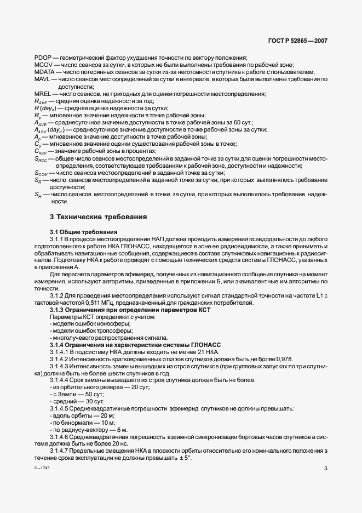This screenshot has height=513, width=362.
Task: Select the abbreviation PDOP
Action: tap(42, 58)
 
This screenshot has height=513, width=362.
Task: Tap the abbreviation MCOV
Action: tap(43, 65)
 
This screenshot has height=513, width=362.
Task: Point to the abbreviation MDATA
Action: tap(44, 72)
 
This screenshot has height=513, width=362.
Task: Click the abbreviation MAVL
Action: tap(42, 79)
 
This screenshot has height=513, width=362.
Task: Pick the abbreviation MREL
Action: tap(42, 94)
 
